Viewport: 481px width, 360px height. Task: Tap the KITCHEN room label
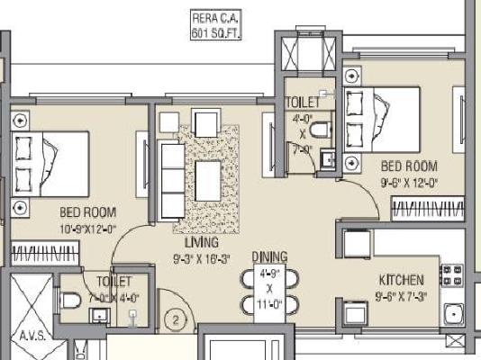[402, 280]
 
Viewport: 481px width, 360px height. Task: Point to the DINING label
[269, 256]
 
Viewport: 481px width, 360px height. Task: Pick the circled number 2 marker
[177, 319]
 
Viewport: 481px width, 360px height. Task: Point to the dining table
[268, 291]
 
